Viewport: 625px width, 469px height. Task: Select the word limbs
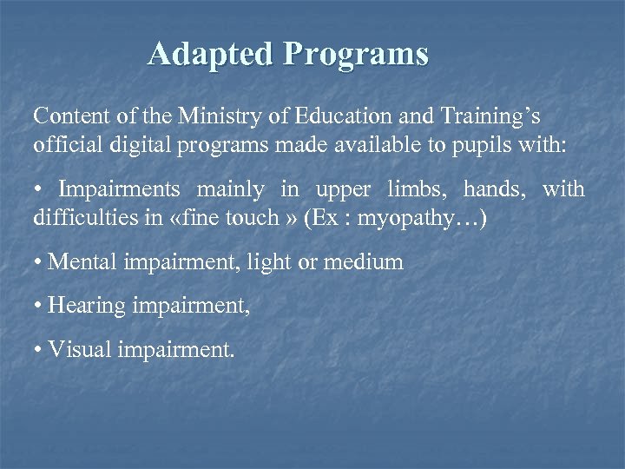tap(431, 188)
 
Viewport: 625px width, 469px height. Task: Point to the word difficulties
tap(78, 216)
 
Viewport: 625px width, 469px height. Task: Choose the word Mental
tap(79, 261)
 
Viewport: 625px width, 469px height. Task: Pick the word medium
tap(371, 261)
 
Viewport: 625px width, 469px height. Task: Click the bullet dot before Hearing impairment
tap(38, 306)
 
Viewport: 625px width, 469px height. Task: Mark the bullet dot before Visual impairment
tap(38, 350)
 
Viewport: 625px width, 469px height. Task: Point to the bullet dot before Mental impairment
tap(38, 261)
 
